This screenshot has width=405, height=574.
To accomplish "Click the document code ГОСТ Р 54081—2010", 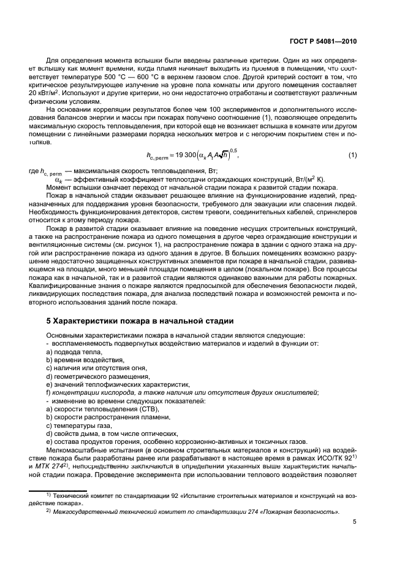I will (x=324, y=41).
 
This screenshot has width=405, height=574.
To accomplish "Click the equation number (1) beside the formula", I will (x=352, y=155).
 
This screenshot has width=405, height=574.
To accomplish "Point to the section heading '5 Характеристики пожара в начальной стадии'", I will (x=140, y=320).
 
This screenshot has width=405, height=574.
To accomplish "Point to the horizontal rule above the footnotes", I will (x=59, y=490).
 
